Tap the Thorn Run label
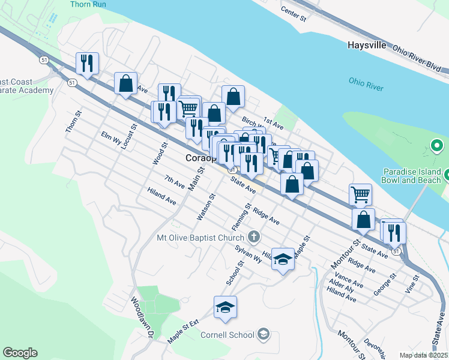coord(88,4)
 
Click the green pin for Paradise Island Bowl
coord(438,145)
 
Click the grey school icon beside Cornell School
coord(263,334)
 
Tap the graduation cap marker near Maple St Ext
coord(226,307)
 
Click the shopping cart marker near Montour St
coord(360,193)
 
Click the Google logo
coord(20,353)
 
